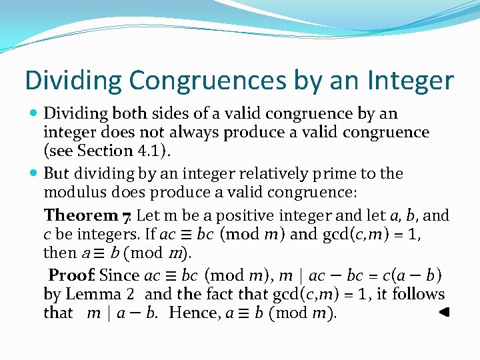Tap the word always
(199, 133)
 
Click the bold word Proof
(73, 275)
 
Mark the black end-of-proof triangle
(446, 311)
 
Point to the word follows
(418, 294)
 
